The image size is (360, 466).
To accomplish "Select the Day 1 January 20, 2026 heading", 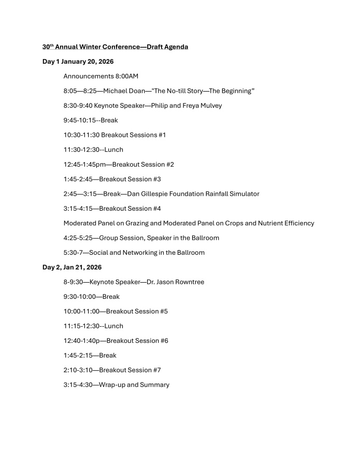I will [x=78, y=62].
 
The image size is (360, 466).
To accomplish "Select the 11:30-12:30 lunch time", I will [x=79, y=150].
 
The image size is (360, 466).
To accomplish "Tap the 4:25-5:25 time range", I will [x=78, y=238].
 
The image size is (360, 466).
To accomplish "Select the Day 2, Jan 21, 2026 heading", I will [x=72, y=267].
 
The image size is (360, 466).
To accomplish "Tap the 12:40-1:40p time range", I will [x=82, y=341].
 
